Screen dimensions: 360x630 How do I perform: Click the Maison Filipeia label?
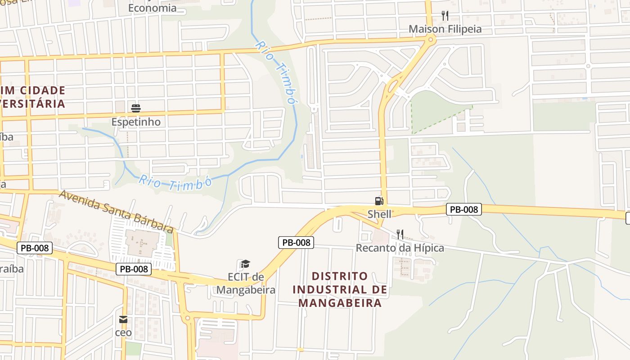[445, 29]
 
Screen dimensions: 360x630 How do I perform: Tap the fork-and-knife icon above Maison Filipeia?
[445, 16]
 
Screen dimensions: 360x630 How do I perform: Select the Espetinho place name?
[136, 122]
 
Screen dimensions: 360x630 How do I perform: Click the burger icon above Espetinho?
[136, 108]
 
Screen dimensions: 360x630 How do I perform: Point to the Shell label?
[379, 214]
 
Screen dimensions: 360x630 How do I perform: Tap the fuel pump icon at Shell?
[379, 201]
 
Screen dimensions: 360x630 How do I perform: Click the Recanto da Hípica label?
[400, 248]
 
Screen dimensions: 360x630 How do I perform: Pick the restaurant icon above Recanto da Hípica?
[400, 234]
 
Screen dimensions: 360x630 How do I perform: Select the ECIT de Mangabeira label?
[246, 283]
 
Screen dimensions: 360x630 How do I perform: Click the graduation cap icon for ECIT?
[245, 264]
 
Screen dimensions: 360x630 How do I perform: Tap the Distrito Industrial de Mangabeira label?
[340, 289]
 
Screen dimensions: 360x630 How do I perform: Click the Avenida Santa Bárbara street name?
[116, 211]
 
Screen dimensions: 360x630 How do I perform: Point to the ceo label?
[123, 333]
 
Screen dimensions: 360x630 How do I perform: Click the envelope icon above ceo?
[123, 319]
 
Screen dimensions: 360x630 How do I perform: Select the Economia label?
[152, 8]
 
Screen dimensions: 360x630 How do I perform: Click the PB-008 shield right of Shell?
[464, 209]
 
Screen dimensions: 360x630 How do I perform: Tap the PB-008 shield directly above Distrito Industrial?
[296, 243]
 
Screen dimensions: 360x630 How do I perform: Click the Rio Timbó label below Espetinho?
[175, 183]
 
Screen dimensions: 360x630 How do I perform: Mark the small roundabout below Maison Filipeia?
[430, 40]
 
